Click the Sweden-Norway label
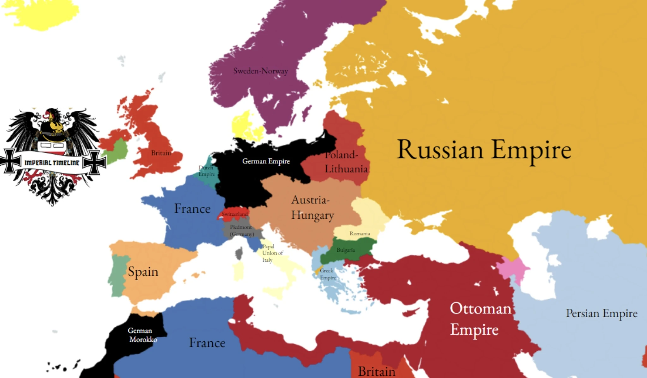pos(260,71)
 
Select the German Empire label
pos(266,161)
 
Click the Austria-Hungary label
pos(312,208)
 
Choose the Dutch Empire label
pos(206,171)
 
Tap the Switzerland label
pos(234,214)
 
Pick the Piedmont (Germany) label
pos(242,231)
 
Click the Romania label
pos(360,234)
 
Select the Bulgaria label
pos(346,250)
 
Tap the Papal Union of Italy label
pos(272,253)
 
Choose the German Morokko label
pos(142,335)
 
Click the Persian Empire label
pos(601,313)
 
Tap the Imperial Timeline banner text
pos(52,163)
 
